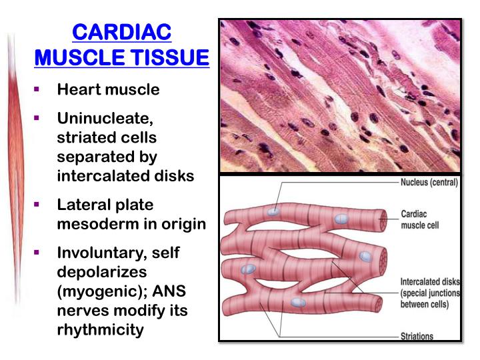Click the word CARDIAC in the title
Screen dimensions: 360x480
click(121, 31)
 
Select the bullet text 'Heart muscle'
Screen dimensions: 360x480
click(109, 89)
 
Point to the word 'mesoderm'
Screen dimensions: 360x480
click(98, 223)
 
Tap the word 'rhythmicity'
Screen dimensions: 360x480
click(101, 329)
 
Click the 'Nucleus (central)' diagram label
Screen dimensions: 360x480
click(429, 182)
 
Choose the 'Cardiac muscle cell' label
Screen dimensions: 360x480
click(419, 220)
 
